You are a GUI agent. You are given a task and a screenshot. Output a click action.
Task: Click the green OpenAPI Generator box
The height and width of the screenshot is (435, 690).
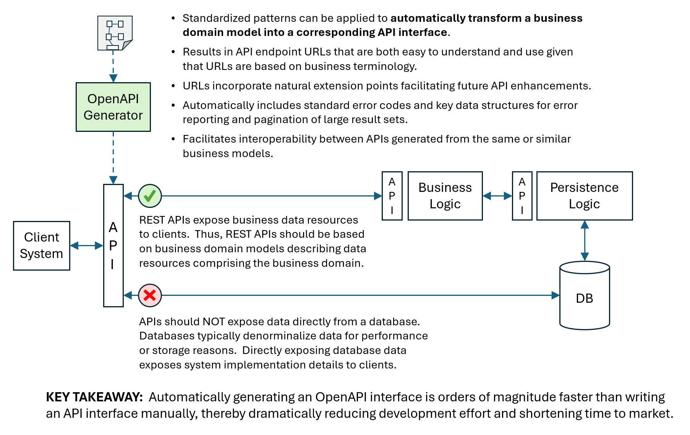113,107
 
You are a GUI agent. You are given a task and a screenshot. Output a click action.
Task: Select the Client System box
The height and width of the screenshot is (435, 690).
42,245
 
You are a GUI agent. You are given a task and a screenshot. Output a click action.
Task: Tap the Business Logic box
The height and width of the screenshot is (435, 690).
445,196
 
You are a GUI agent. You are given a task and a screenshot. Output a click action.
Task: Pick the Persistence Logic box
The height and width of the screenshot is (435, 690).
584,196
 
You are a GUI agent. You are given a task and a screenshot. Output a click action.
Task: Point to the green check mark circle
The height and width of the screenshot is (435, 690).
150,196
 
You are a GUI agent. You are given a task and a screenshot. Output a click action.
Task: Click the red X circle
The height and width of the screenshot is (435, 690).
150,295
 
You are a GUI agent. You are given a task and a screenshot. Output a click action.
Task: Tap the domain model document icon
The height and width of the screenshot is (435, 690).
115,33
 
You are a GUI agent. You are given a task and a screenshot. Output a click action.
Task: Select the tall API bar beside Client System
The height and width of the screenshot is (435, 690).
113,245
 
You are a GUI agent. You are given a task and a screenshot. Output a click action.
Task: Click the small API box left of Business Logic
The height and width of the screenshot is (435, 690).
392,196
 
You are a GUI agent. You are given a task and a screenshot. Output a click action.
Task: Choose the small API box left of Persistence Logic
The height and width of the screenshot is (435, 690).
522,196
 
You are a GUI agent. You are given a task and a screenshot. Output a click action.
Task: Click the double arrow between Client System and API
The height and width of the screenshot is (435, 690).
87,245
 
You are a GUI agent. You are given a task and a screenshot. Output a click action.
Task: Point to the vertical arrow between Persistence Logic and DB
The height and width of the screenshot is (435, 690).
585,241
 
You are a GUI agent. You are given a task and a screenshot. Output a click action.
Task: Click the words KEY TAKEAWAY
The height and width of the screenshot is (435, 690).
94,397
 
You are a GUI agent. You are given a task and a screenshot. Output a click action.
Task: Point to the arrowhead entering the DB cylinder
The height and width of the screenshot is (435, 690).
556,295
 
